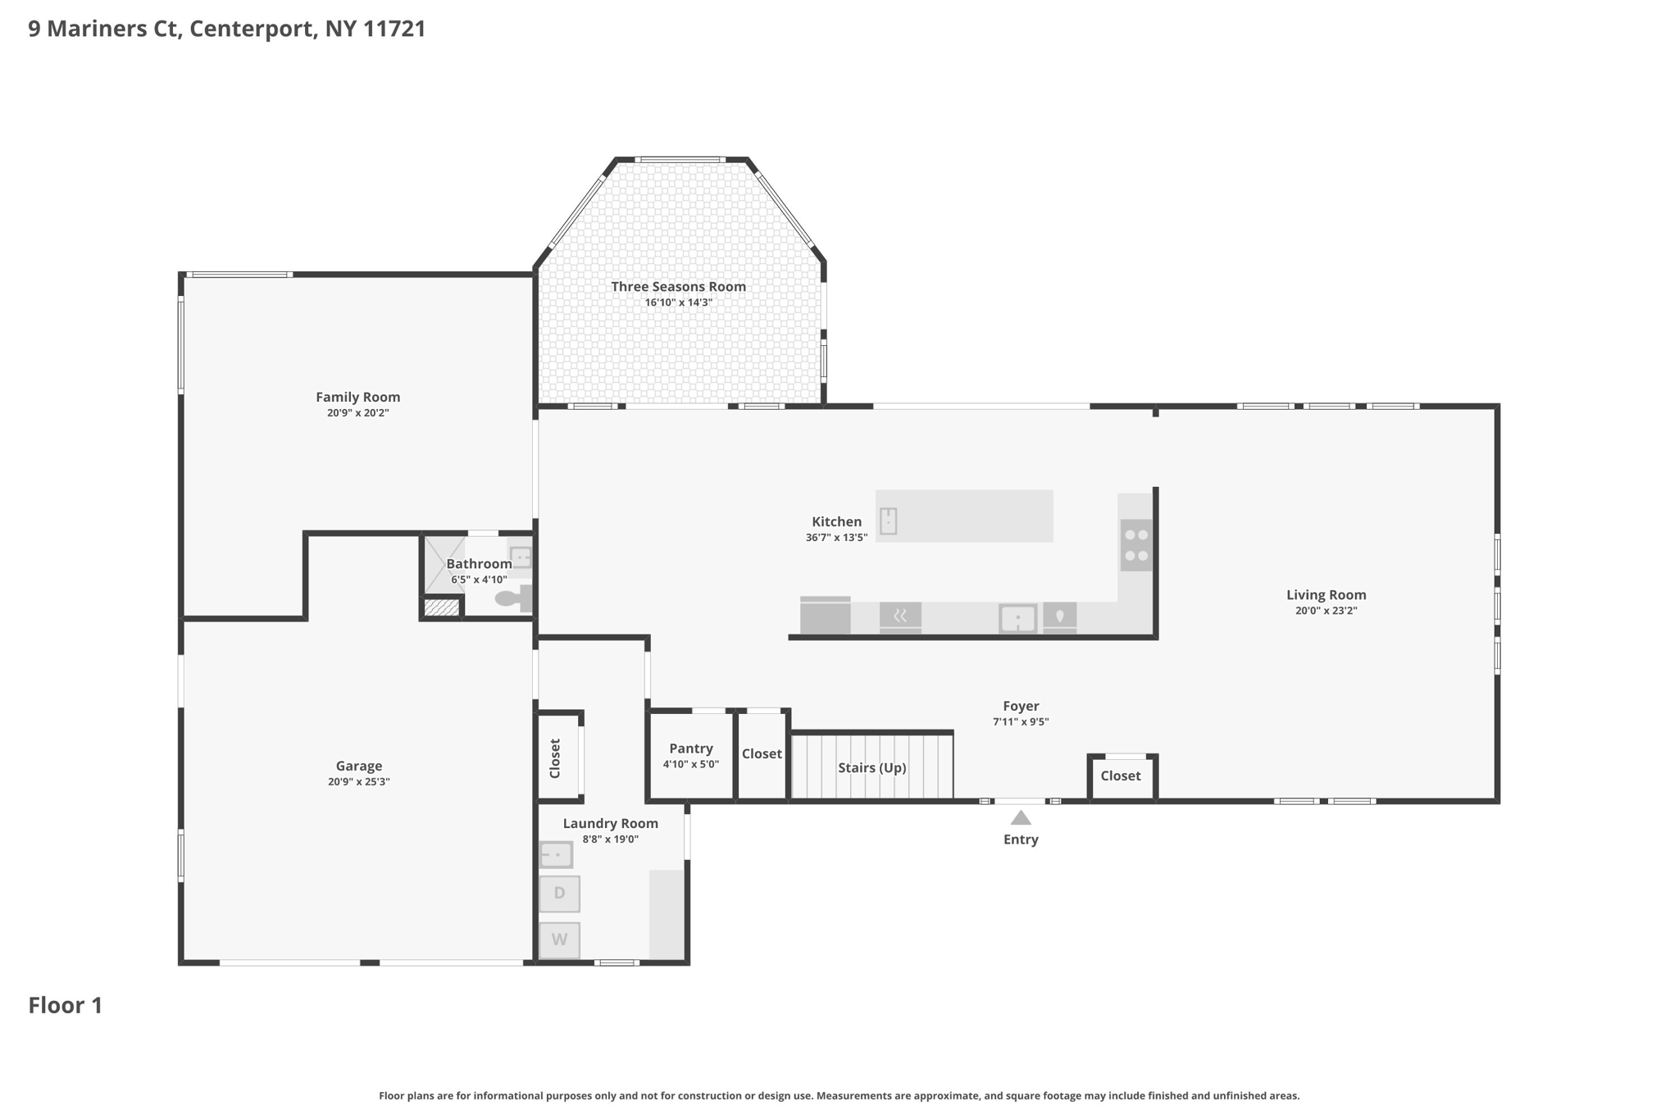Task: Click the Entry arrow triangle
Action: [1021, 817]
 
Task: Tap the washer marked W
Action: [559, 939]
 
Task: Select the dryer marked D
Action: [559, 894]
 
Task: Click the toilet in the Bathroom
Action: [514, 598]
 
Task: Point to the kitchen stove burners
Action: [1136, 545]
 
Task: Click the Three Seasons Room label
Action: [678, 287]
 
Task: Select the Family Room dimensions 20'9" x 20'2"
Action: [358, 413]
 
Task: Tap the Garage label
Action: [359, 766]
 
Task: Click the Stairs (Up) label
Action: [871, 768]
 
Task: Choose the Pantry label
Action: [691, 748]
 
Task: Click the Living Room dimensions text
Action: [1326, 611]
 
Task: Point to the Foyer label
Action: [1021, 707]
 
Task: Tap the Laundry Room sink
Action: [556, 855]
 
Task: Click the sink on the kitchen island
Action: [888, 521]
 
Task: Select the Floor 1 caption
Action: [66, 1006]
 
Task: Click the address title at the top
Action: [227, 30]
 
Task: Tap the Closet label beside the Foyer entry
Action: [1121, 776]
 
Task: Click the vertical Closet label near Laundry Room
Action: [555, 758]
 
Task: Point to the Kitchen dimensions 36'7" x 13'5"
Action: [836, 538]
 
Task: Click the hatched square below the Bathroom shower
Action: [442, 607]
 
